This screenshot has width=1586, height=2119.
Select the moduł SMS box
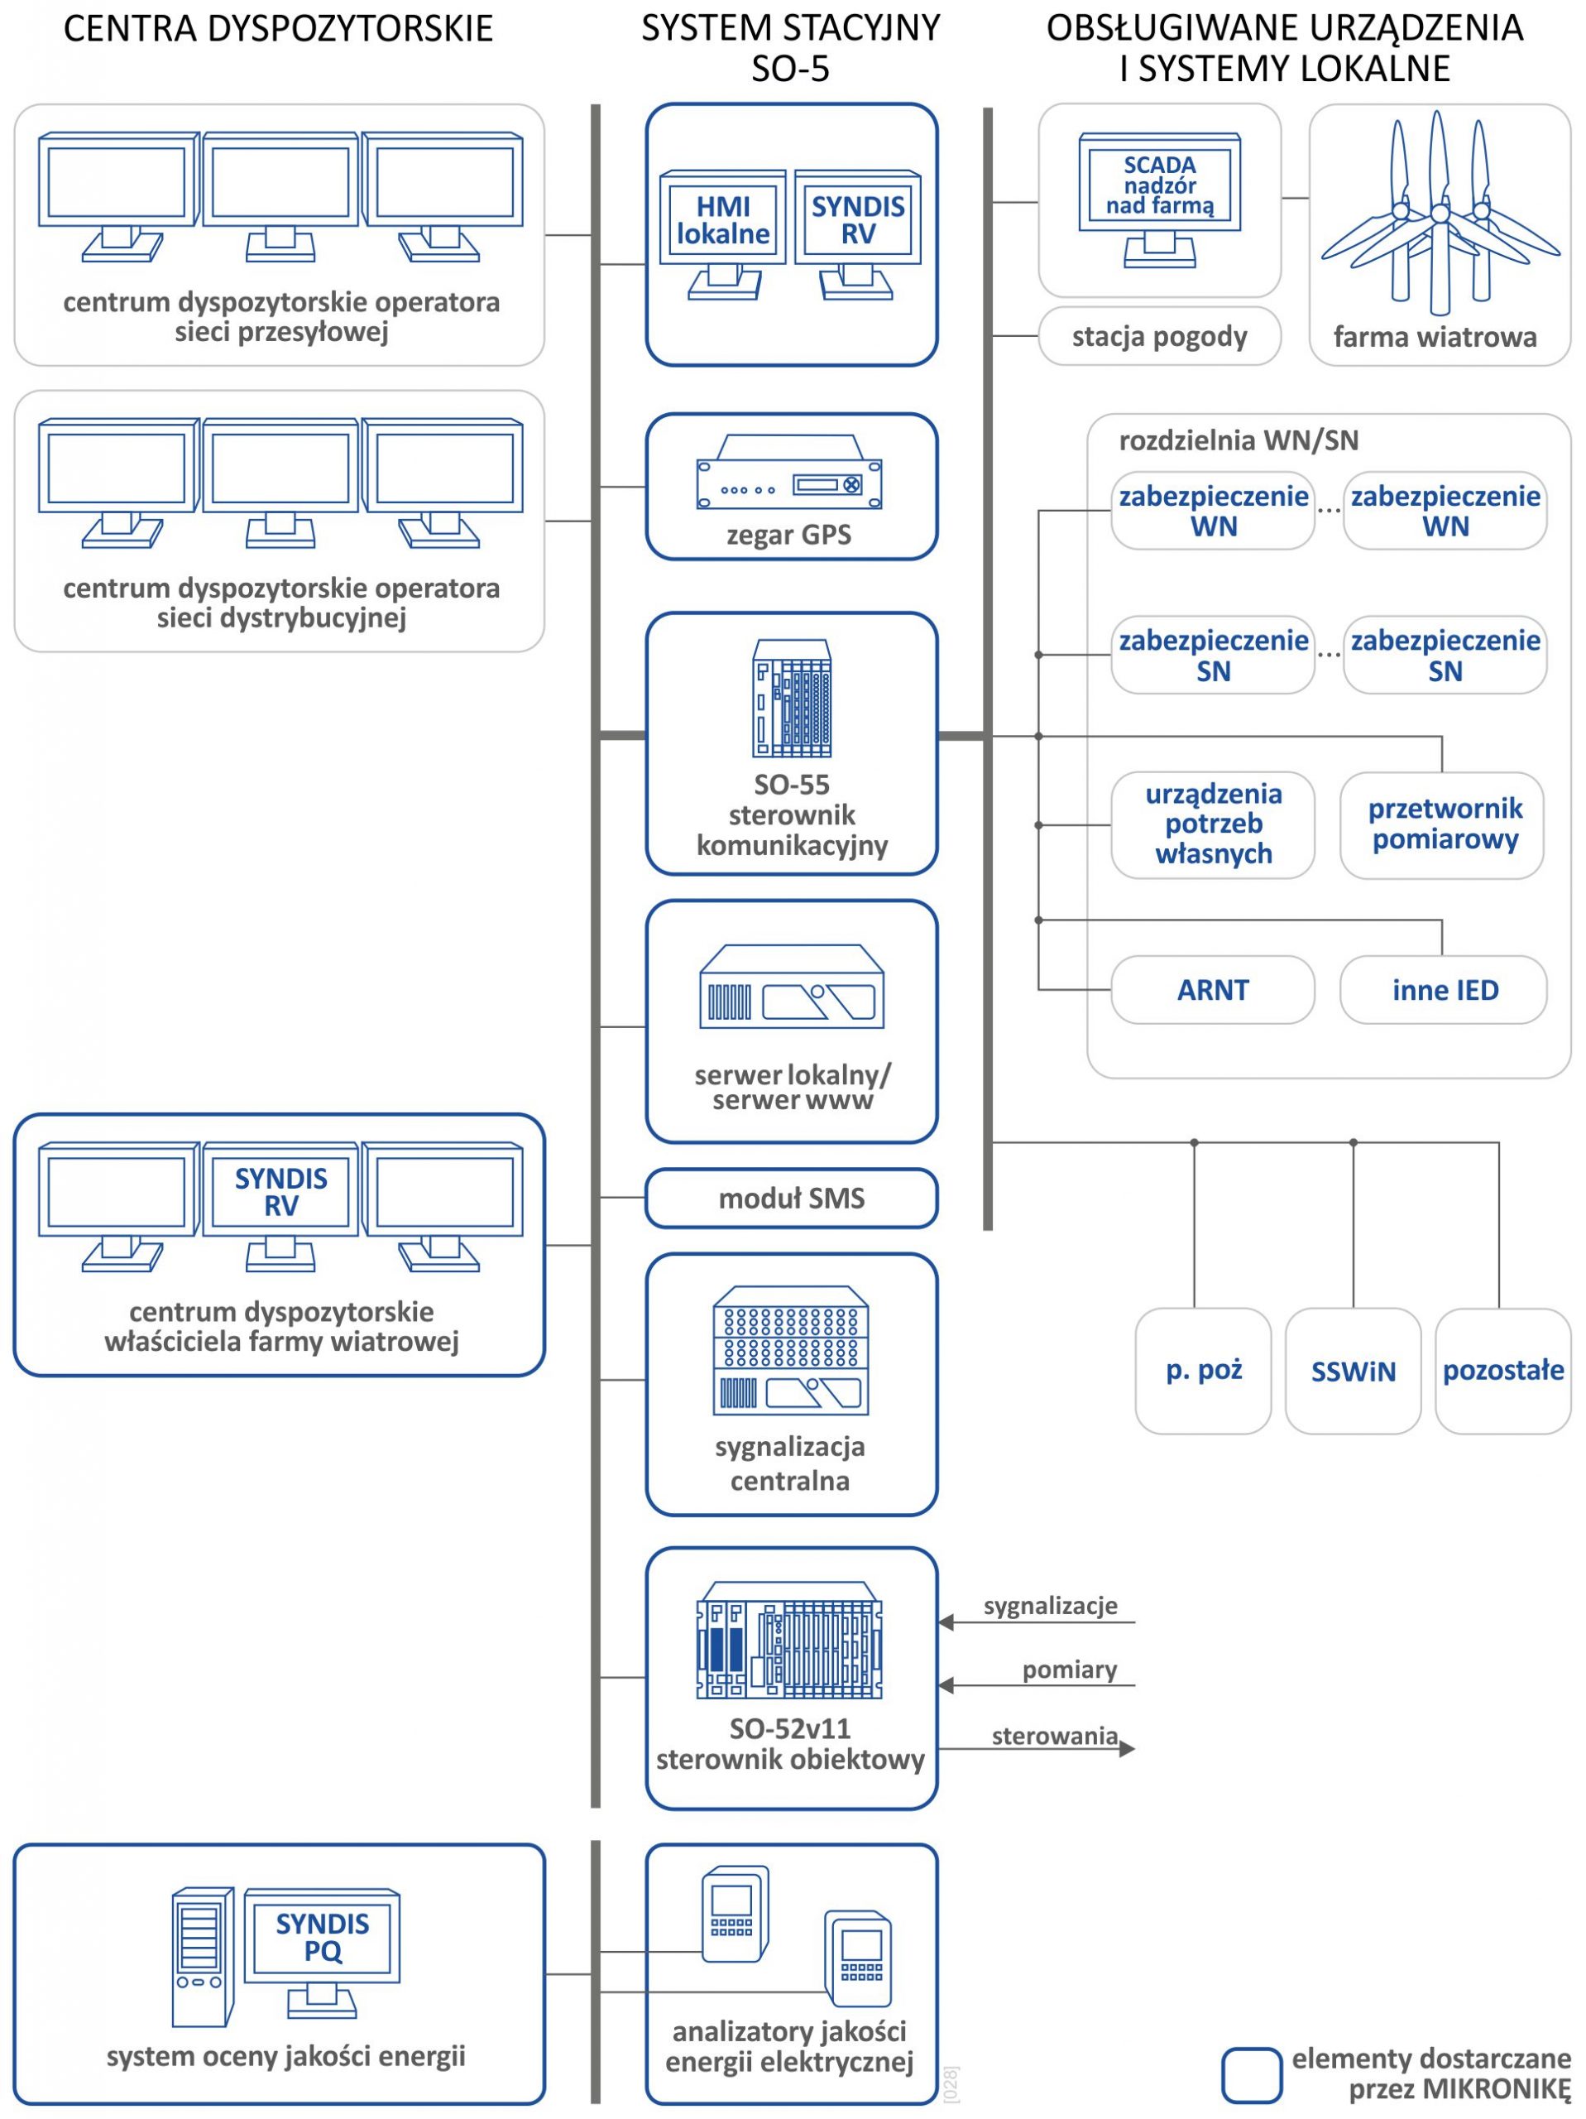(x=791, y=1198)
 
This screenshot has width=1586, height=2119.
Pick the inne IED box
(x=1444, y=990)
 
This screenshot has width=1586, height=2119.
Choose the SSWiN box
(x=1353, y=1371)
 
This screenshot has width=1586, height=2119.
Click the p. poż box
(x=1203, y=1371)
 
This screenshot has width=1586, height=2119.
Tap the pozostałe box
(x=1502, y=1371)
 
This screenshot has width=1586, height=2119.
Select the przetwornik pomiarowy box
(x=1444, y=824)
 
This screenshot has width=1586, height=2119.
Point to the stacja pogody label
(x=1159, y=336)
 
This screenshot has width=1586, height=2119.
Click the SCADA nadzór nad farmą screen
(x=1159, y=185)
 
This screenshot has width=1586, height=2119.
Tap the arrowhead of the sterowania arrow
(x=1128, y=1748)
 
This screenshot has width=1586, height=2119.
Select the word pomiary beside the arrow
(x=1069, y=1670)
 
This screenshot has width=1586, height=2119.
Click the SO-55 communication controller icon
(x=791, y=699)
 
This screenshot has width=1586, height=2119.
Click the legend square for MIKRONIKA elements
(x=1251, y=2076)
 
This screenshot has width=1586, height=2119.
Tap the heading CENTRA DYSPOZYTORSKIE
(x=278, y=29)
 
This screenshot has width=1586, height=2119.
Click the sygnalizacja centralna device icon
(x=790, y=1350)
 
